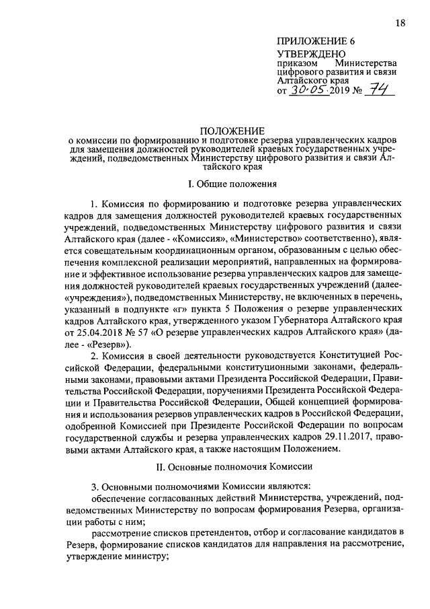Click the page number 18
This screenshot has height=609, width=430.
tap(400, 24)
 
